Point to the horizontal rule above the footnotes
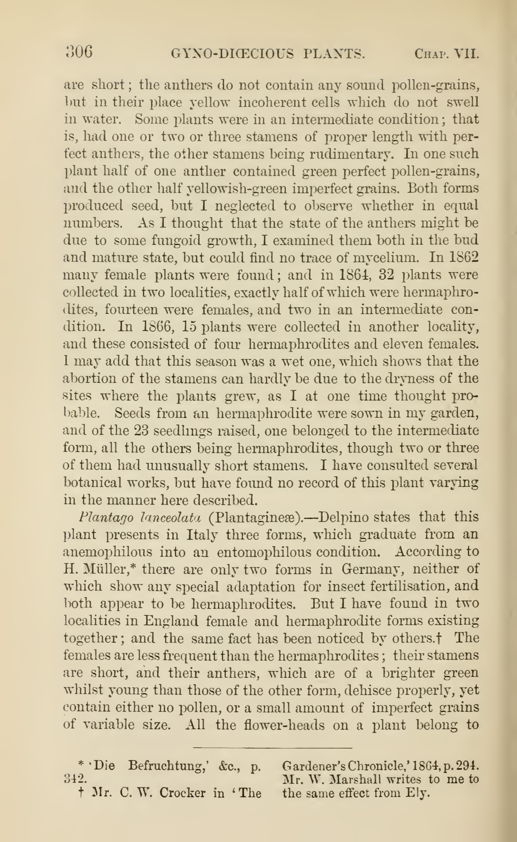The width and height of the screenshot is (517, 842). [273, 748]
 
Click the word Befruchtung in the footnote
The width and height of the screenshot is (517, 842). [171, 765]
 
